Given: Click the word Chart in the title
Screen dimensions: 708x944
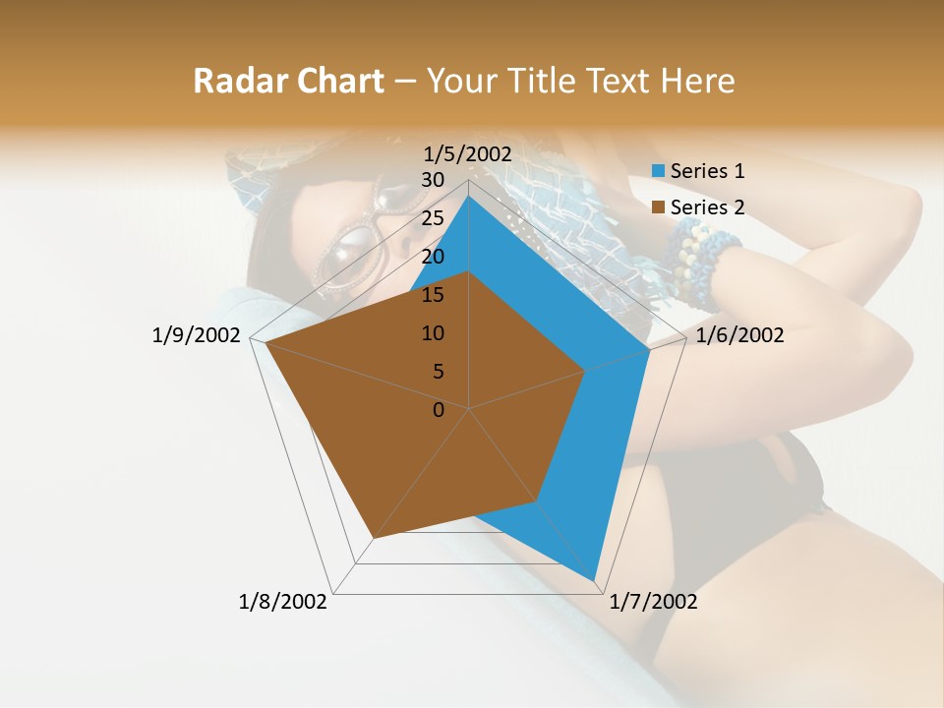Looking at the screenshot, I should pyautogui.click(x=334, y=81).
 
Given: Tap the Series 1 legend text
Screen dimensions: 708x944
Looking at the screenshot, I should pyautogui.click(x=707, y=171).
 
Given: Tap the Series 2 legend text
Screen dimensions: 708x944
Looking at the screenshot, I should pyautogui.click(x=707, y=207).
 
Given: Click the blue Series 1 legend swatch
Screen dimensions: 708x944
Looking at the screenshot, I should pyautogui.click(x=659, y=171).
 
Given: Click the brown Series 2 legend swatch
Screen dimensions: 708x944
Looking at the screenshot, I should pyautogui.click(x=659, y=207).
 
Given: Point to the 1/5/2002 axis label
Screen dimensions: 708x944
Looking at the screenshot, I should pyautogui.click(x=468, y=153).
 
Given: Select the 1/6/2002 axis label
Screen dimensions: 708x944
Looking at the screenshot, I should pyautogui.click(x=739, y=335).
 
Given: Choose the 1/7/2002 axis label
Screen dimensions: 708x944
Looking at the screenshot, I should pyautogui.click(x=653, y=602).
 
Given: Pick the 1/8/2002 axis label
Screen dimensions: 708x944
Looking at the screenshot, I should pyautogui.click(x=283, y=602).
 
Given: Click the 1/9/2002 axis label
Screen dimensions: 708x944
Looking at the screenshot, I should pyautogui.click(x=196, y=335).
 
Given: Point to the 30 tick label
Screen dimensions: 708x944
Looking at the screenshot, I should pyautogui.click(x=433, y=180).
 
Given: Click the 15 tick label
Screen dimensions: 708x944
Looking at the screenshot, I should pyautogui.click(x=433, y=295).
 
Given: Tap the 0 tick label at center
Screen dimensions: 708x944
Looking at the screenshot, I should pyautogui.click(x=439, y=410).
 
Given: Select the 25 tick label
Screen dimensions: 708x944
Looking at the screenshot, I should pyautogui.click(x=433, y=218).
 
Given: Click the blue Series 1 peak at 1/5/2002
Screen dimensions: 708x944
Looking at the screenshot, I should pyautogui.click(x=469, y=196).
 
